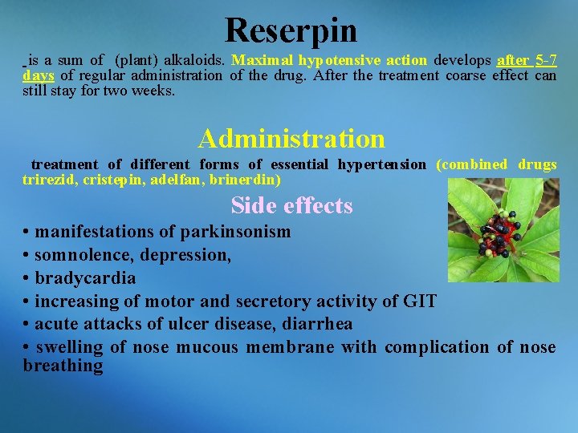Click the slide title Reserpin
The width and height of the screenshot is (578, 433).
[x=291, y=30]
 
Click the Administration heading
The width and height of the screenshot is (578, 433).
[x=291, y=139]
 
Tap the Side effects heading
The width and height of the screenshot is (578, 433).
[x=291, y=206]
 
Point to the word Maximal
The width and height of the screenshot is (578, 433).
[x=263, y=61]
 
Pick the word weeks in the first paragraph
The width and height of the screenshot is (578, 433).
[x=154, y=91]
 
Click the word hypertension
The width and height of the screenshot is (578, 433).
[x=381, y=164]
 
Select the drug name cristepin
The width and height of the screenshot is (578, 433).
[x=112, y=180]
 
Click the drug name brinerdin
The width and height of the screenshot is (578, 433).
[x=244, y=180]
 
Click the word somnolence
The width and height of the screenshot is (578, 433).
[x=83, y=256]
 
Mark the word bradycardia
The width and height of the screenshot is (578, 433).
[x=85, y=279]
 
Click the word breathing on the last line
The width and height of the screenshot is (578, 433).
[x=63, y=366]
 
